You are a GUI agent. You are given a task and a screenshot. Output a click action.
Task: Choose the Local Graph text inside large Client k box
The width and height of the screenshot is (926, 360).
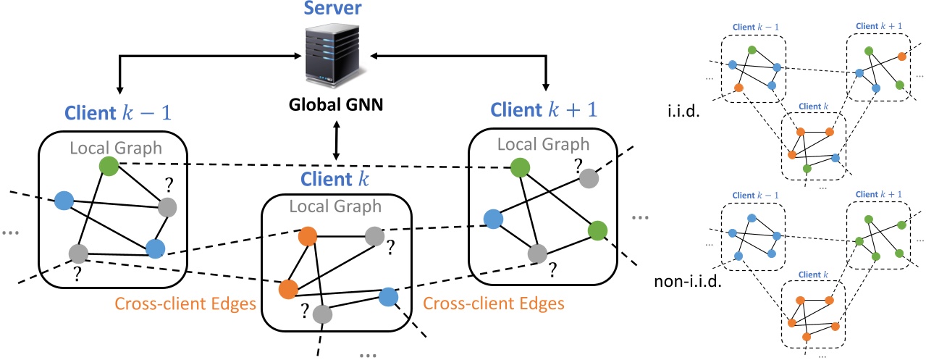(335, 206)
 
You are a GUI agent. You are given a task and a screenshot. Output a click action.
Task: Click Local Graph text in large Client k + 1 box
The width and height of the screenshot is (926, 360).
(545, 143)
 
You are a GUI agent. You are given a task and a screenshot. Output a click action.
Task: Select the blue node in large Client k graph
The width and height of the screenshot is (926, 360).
(389, 296)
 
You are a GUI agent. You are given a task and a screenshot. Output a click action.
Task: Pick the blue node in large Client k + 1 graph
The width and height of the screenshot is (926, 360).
(493, 219)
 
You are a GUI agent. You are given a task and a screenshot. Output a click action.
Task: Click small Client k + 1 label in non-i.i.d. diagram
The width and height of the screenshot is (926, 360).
(878, 195)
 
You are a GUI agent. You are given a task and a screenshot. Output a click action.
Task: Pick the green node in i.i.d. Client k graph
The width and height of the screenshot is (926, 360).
(807, 169)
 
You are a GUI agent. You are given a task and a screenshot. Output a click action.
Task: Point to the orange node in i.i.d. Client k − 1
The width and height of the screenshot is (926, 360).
(738, 88)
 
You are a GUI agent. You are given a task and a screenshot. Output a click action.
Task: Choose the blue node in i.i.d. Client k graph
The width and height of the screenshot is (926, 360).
(835, 157)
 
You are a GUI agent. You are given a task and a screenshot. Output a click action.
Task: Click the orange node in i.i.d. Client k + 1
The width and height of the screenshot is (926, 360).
(901, 56)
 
